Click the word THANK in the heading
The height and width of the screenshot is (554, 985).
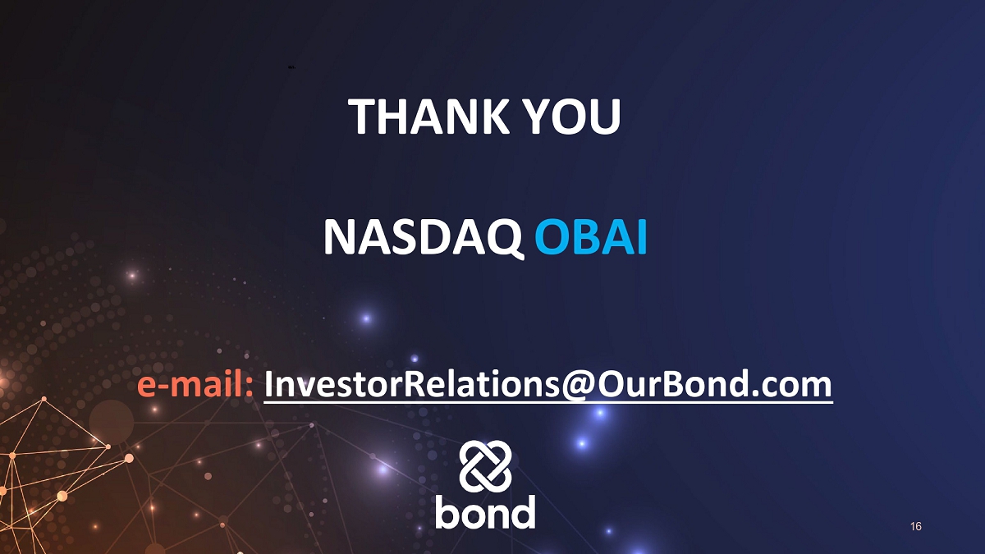point(428,116)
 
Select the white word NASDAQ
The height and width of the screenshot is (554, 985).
point(424,238)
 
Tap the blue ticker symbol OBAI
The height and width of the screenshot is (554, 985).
point(590,237)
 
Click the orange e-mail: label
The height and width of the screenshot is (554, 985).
point(195,384)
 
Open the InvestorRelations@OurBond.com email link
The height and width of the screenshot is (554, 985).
point(548,384)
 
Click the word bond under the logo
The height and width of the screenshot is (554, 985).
point(485,511)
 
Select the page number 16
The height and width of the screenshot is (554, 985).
point(916,526)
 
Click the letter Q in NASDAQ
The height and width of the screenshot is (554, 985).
point(506,240)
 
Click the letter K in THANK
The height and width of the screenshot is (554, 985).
point(493,116)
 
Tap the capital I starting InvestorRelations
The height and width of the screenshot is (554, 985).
point(268,384)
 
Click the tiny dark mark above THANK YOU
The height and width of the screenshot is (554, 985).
point(291,67)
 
